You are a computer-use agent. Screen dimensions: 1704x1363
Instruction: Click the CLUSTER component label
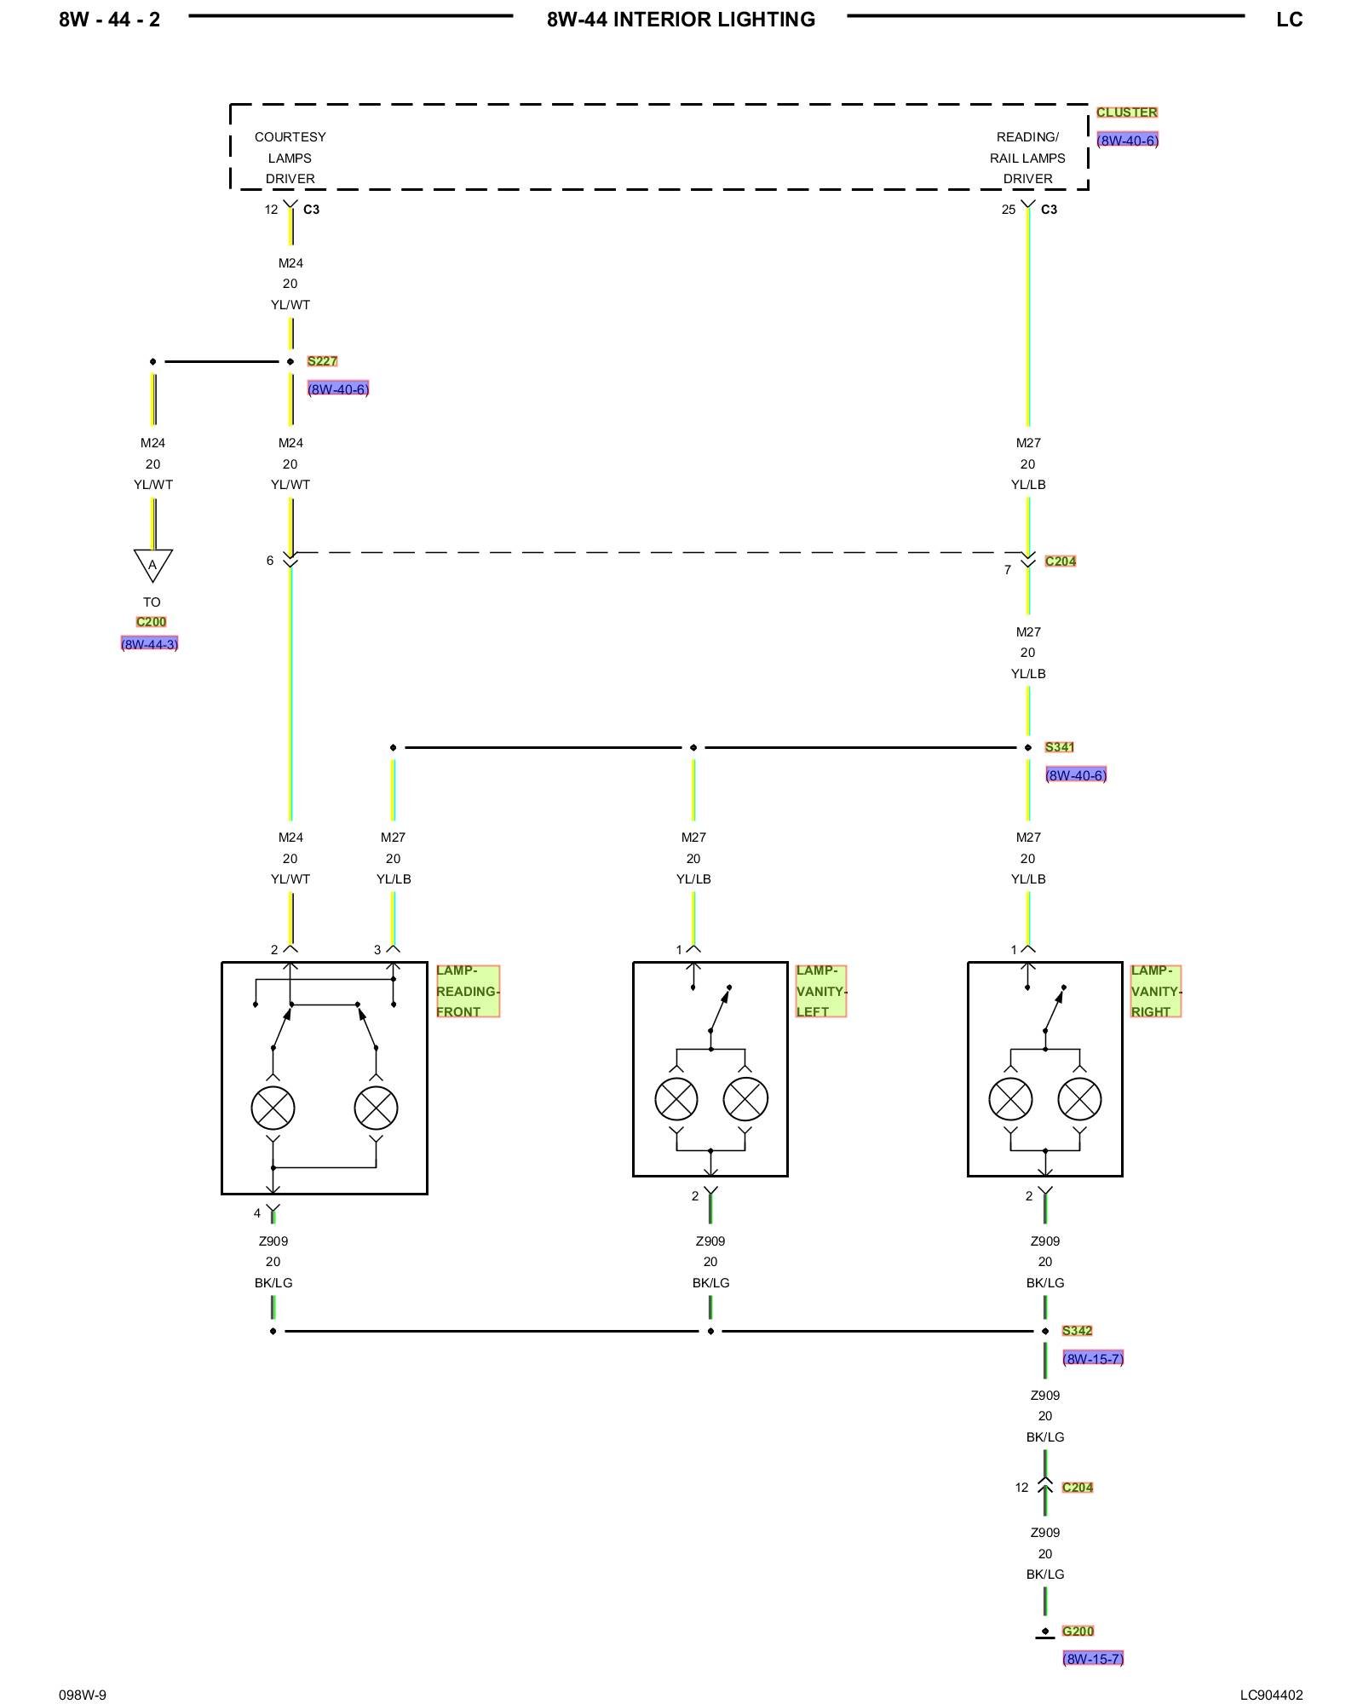pos(1126,112)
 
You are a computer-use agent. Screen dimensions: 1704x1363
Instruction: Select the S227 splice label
pos(322,361)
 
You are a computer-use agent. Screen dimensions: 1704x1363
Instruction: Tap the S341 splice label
pos(1059,747)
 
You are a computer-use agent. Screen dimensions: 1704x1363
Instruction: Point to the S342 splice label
pos(1077,1331)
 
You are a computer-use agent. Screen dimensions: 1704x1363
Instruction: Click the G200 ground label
pos(1078,1631)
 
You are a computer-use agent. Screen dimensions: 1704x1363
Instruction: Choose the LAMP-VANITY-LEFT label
pos(820,991)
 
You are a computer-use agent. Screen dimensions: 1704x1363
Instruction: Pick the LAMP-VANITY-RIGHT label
pos(1155,991)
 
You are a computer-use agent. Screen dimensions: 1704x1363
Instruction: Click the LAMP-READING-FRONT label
pos(467,991)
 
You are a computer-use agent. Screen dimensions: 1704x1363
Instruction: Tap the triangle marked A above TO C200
pos(153,564)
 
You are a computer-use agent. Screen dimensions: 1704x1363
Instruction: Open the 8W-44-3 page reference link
pos(150,644)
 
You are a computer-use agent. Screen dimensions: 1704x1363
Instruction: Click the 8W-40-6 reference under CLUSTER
pos(1127,141)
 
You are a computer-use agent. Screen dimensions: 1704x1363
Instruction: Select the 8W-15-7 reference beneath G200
pos(1093,1659)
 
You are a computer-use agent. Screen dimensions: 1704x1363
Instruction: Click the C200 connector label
pos(151,622)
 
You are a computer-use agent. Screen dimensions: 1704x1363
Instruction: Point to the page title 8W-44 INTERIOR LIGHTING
pos(681,20)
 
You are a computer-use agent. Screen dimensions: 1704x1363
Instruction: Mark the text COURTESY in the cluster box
pos(290,137)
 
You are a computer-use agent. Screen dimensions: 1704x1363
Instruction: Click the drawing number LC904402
pos(1271,1695)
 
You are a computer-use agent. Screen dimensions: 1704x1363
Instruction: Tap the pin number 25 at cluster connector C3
pos(1009,210)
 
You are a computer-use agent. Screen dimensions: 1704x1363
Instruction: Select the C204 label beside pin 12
pos(1078,1488)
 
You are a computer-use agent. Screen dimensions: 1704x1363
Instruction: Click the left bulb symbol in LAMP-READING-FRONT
pos(273,1108)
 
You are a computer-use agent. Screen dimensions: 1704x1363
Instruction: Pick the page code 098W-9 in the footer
pos(83,1695)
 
